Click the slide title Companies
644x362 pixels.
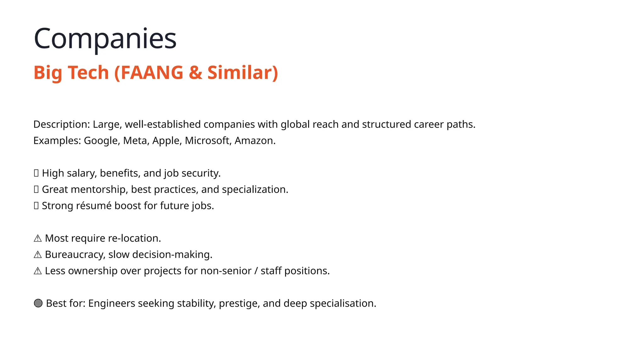(x=105, y=39)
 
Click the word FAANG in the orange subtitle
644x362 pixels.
(x=152, y=73)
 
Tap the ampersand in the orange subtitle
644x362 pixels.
(x=195, y=73)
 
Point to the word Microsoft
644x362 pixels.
(x=207, y=140)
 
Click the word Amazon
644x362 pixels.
(x=254, y=140)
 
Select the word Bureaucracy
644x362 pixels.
(x=75, y=255)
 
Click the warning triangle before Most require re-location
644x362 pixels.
(x=38, y=239)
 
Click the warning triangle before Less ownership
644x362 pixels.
(x=38, y=271)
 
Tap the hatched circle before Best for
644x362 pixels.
(x=38, y=303)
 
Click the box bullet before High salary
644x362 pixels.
(x=36, y=173)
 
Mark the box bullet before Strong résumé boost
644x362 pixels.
(x=36, y=206)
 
